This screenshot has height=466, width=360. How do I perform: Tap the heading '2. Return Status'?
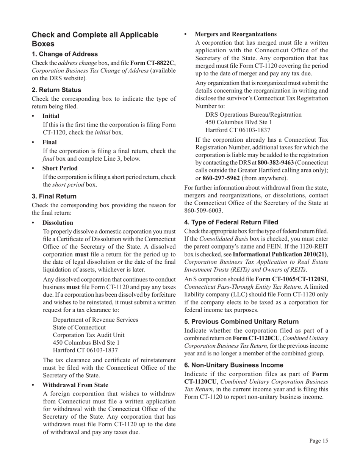[x=56, y=90]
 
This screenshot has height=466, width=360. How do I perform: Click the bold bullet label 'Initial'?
[x=51, y=116]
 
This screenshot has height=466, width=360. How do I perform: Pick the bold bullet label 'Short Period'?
[x=60, y=168]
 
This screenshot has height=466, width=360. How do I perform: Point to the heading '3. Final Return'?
[x=54, y=196]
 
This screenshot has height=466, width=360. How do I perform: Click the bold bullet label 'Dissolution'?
[x=58, y=223]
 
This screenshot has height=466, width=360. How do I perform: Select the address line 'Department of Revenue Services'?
[x=95, y=320]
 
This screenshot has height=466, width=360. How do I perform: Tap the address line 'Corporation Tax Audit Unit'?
[x=88, y=335]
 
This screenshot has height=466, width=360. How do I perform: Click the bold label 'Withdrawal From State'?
[x=75, y=385]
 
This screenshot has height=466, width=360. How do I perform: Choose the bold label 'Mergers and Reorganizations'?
[x=235, y=34]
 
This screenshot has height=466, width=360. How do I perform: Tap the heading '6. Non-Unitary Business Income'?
[x=233, y=365]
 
